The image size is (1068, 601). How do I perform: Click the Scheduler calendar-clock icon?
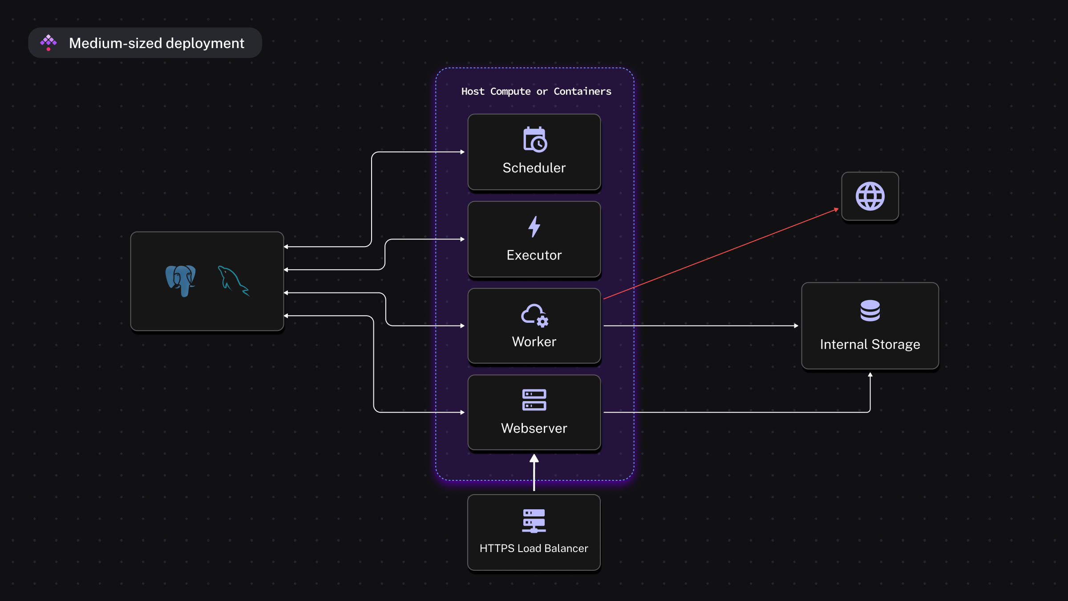535,139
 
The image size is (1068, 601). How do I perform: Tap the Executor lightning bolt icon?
534,227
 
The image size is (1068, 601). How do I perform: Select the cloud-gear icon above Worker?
534,315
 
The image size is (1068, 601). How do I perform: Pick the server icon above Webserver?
534,400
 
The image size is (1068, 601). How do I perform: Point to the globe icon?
870,196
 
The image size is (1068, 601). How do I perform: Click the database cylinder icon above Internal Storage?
870,311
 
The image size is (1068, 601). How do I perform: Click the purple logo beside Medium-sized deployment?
49,43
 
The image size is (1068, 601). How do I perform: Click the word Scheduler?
534,168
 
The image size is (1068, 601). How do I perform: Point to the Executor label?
534,255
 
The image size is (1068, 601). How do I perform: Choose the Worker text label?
534,341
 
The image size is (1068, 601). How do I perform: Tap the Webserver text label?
534,428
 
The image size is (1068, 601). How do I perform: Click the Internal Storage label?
870,344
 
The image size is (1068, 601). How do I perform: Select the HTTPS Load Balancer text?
534,548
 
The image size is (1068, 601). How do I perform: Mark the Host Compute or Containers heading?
536,91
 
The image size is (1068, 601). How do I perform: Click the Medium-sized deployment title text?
157,43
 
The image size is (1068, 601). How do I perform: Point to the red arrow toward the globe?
721,254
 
